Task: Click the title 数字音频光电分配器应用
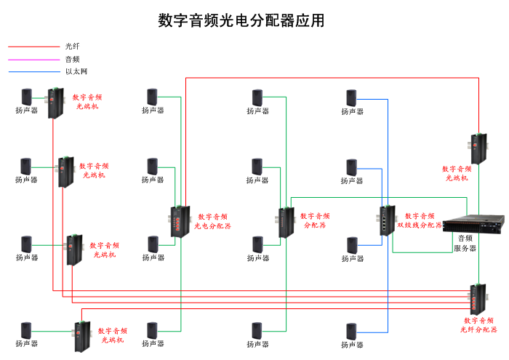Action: (241, 20)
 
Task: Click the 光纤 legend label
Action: (72, 47)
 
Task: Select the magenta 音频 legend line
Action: (33, 59)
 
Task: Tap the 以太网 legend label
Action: (76, 71)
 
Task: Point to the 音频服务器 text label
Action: (465, 243)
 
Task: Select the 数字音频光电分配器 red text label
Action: (212, 221)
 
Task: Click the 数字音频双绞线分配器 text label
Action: (420, 220)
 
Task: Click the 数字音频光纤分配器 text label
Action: (478, 325)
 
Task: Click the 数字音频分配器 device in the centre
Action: (284, 222)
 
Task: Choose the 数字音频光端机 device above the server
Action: (477, 148)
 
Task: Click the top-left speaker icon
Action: (27, 96)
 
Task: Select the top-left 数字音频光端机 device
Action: (55, 103)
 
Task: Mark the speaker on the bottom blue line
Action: (352, 330)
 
